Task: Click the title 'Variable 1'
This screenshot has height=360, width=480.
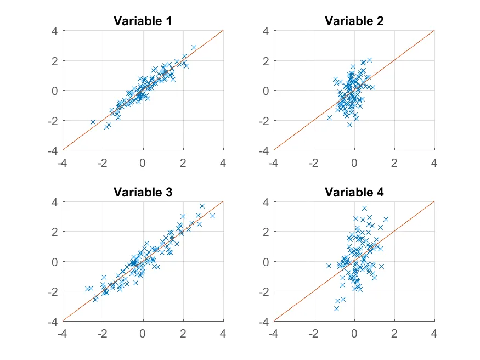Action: [x=143, y=21]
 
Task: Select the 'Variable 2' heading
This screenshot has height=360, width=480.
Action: [x=354, y=21]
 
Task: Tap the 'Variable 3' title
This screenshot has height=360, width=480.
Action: [x=143, y=192]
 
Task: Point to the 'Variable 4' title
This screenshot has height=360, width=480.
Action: [x=354, y=192]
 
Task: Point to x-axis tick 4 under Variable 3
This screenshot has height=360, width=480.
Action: [x=223, y=333]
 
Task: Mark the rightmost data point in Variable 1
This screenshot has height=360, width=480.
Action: [x=194, y=47]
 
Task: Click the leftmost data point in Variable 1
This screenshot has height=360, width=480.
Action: [x=93, y=122]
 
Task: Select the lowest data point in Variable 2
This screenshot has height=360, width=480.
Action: [x=349, y=125]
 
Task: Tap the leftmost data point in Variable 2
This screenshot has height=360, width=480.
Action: [x=330, y=117]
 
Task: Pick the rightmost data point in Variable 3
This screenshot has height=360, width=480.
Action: [x=212, y=216]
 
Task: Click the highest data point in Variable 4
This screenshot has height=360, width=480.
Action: [x=364, y=208]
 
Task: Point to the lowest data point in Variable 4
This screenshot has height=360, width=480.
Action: [x=336, y=308]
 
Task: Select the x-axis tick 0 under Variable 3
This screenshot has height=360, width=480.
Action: [x=143, y=333]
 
